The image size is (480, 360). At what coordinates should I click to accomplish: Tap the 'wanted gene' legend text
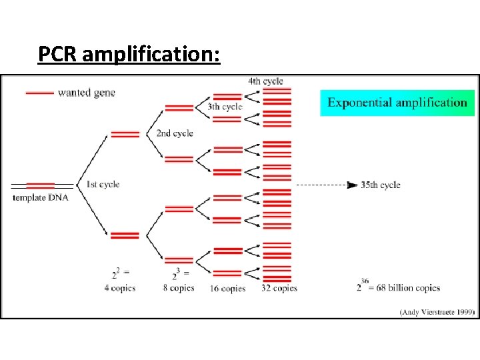(87, 93)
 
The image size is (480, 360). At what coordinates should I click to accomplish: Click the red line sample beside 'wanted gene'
(40, 93)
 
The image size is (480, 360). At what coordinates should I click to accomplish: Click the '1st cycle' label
(103, 184)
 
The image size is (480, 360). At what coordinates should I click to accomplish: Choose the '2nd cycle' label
(175, 133)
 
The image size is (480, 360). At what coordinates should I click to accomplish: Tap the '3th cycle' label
(225, 107)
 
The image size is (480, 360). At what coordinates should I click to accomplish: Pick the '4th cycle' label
(265, 81)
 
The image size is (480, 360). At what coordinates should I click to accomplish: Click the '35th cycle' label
(381, 185)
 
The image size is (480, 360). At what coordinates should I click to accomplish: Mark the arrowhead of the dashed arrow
(353, 185)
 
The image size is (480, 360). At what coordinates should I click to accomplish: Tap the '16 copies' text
(229, 289)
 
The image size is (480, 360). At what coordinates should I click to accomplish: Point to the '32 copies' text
(279, 289)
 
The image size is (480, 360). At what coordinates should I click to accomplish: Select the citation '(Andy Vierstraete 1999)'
(436, 311)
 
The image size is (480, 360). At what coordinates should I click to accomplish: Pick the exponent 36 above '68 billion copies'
(365, 280)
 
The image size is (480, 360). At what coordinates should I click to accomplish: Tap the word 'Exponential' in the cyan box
(360, 103)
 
